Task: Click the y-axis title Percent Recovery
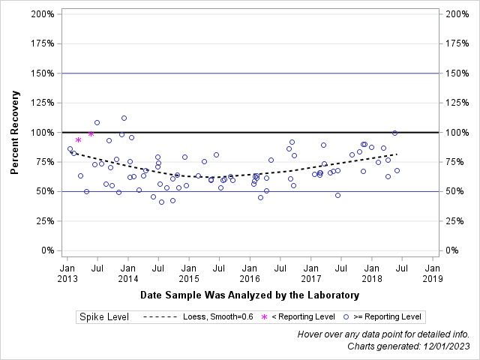click(x=14, y=132)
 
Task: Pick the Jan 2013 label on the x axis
click(x=67, y=272)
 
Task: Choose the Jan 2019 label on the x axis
click(x=432, y=272)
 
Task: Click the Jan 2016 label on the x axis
click(x=250, y=272)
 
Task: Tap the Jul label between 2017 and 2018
click(x=341, y=266)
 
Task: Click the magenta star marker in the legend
click(x=263, y=317)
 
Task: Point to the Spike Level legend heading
click(x=104, y=317)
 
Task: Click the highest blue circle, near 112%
click(x=124, y=118)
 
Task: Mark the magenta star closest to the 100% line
click(x=91, y=133)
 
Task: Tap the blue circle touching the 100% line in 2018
click(x=394, y=133)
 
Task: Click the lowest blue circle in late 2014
click(x=161, y=202)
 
